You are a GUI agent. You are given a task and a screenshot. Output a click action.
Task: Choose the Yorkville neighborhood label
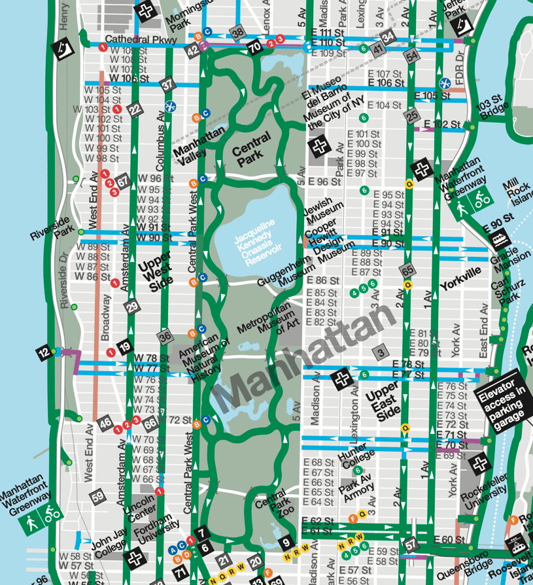pos(460,279)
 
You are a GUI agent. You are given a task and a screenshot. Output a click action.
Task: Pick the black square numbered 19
pos(124,348)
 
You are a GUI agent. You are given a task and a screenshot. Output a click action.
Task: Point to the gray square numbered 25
pos(412,116)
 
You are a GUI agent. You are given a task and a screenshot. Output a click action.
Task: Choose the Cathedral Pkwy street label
pos(141,40)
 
